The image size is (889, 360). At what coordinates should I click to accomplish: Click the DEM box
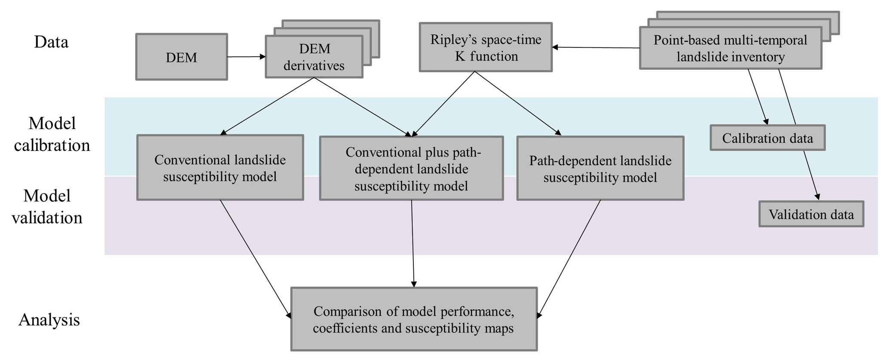click(181, 57)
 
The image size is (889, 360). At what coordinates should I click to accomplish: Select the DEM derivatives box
click(314, 57)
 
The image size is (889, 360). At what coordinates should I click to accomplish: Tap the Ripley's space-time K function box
click(486, 47)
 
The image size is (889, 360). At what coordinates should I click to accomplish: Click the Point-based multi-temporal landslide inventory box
click(730, 48)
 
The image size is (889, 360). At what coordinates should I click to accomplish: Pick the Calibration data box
click(767, 138)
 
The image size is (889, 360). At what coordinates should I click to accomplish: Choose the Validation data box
click(811, 214)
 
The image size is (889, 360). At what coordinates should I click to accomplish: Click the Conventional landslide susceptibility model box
click(220, 168)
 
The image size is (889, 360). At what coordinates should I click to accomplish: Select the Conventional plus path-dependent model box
click(412, 169)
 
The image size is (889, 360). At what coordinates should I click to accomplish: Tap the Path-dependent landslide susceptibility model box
click(600, 169)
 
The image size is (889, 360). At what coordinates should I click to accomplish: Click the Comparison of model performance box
click(414, 319)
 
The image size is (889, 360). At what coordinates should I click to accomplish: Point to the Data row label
click(51, 42)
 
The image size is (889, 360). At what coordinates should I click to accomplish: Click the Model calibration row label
click(52, 134)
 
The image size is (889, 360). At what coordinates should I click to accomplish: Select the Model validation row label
click(47, 207)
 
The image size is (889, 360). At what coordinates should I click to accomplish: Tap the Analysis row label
click(49, 320)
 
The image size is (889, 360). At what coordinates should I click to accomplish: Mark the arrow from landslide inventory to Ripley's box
click(596, 48)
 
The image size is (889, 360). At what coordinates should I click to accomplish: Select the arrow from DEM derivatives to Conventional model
click(267, 106)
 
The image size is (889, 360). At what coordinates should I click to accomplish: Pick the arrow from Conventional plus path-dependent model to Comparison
click(413, 243)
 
